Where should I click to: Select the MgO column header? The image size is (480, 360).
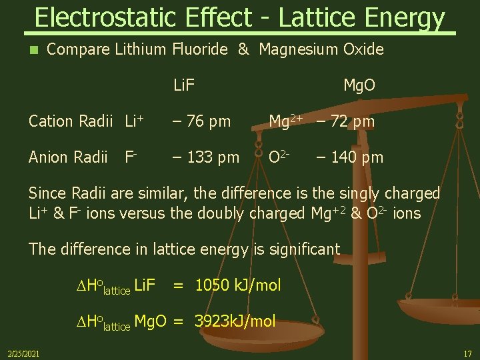point(359,85)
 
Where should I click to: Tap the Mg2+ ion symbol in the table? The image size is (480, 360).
point(285,121)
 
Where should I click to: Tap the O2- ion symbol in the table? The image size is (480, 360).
point(278,157)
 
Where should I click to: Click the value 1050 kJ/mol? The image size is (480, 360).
point(237,285)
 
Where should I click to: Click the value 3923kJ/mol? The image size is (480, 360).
point(235,321)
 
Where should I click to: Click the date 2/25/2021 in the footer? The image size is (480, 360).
point(23,353)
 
